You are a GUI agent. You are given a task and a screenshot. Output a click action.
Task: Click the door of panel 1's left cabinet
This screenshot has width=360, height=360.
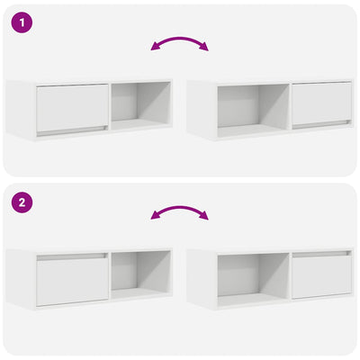[72, 107]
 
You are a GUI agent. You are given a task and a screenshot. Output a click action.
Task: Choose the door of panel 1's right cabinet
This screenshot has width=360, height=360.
[320, 103]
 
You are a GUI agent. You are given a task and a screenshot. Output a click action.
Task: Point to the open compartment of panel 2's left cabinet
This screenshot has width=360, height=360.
[140, 274]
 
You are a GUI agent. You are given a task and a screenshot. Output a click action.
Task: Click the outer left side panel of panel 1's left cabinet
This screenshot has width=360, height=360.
[20, 109]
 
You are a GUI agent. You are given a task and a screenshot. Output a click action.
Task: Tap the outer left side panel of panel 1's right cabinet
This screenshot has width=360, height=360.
[200, 109]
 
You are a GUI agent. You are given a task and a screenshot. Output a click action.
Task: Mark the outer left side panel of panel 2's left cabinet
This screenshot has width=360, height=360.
[20, 278]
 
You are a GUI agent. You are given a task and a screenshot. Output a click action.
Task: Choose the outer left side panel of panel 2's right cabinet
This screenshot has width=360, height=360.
[200, 278]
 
